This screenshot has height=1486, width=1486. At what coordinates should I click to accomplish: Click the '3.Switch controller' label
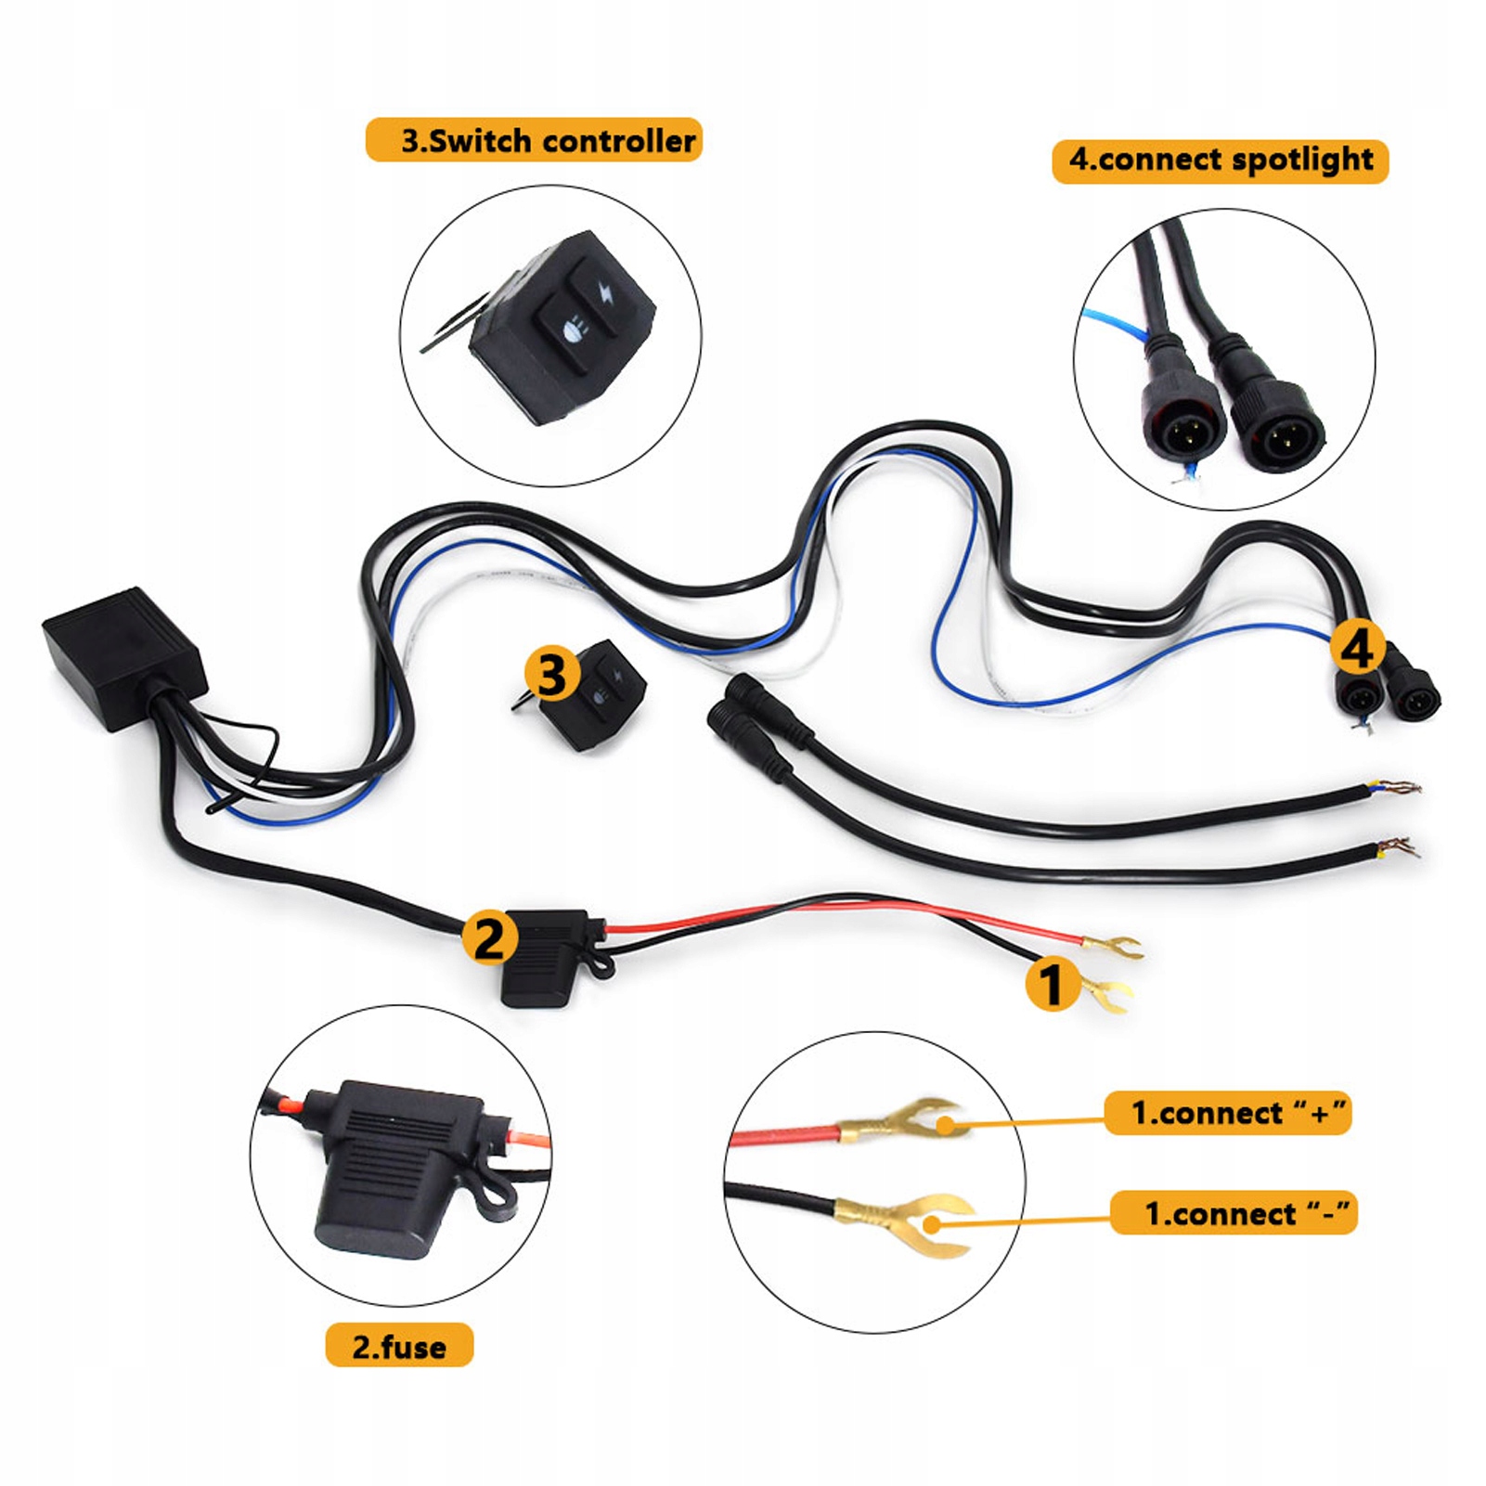click(534, 140)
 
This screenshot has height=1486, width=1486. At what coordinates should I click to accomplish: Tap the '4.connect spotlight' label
click(1220, 160)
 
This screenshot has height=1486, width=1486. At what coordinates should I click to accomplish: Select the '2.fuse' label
click(399, 1346)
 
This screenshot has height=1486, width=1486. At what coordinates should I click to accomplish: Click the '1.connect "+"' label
click(1227, 1112)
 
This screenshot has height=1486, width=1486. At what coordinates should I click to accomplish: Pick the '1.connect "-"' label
click(1234, 1212)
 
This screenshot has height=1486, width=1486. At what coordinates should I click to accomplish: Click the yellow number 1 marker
click(1052, 984)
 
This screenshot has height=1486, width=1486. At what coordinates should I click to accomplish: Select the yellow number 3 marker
click(551, 673)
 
